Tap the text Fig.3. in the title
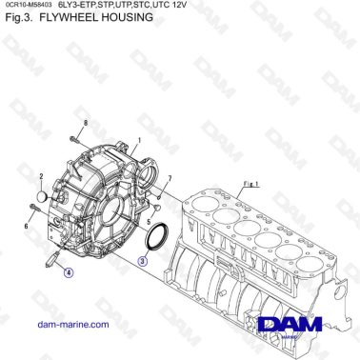coord(20,18)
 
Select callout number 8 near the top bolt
coord(85,124)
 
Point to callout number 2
coord(42,177)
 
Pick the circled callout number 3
coord(143,259)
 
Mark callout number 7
coord(169,179)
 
